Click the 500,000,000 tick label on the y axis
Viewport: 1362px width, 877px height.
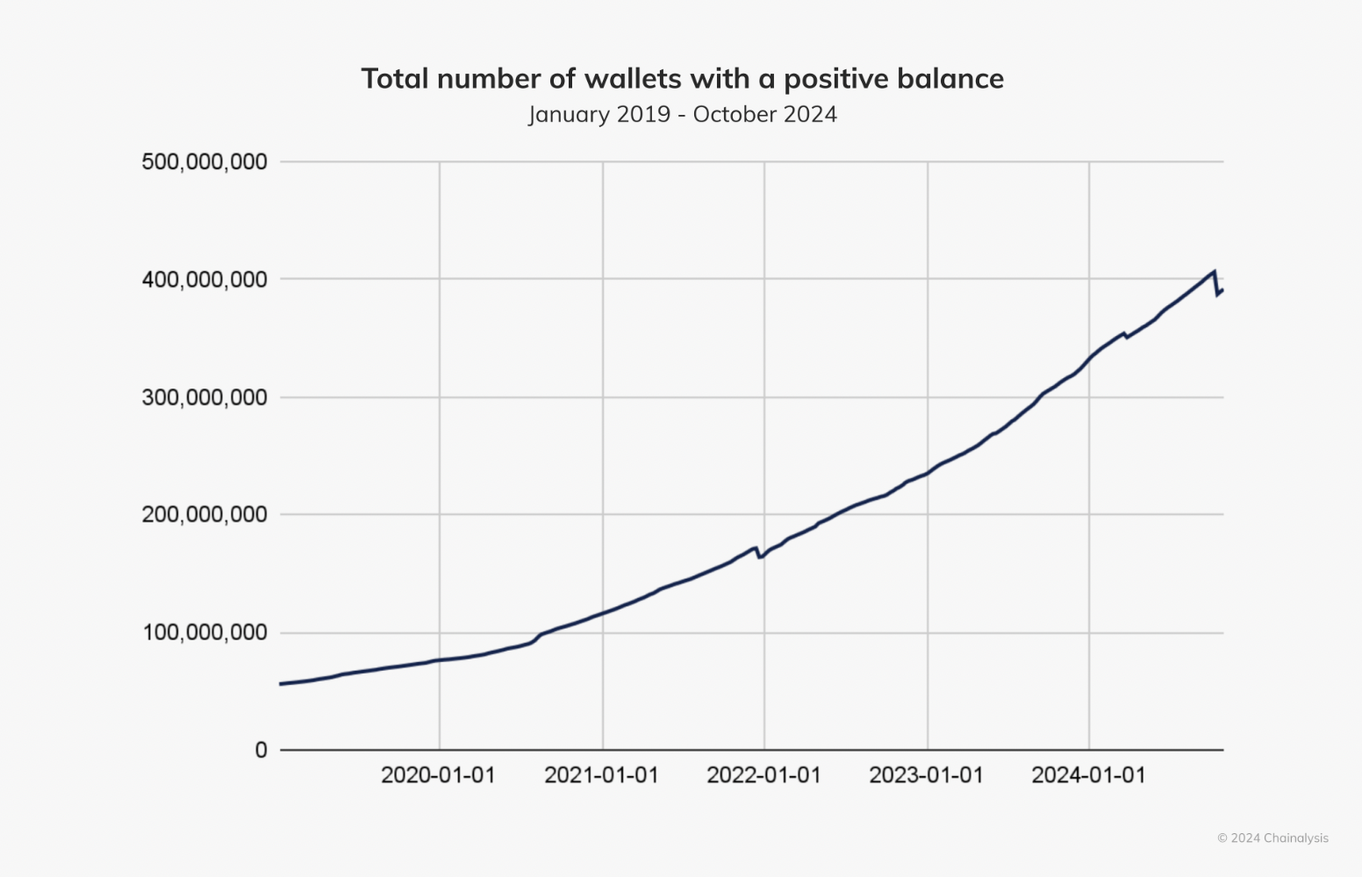pos(204,162)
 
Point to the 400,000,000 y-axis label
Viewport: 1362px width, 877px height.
pos(204,280)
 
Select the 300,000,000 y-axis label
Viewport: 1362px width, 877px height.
pos(204,398)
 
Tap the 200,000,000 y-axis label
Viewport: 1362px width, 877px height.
pos(204,515)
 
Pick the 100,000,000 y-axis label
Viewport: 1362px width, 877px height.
pos(204,632)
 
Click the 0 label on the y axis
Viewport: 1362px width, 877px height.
pos(261,750)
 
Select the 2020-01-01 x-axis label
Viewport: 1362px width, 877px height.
pos(438,775)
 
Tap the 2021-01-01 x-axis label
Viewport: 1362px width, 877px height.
pos(601,775)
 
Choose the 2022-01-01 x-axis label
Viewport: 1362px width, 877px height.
pos(763,775)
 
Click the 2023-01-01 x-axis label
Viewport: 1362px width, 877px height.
pos(926,775)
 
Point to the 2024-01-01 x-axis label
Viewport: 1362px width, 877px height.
pos(1088,775)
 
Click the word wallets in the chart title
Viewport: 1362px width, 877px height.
pos(633,79)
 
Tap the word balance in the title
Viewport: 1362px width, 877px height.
pos(951,79)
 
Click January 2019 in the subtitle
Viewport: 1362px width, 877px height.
pos(599,115)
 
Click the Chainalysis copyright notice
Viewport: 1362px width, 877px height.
pos(1272,838)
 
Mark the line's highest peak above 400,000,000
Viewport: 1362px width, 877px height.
pos(1214,272)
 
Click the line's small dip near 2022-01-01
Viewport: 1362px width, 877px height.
pos(760,557)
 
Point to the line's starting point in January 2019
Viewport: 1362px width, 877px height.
pos(281,683)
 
